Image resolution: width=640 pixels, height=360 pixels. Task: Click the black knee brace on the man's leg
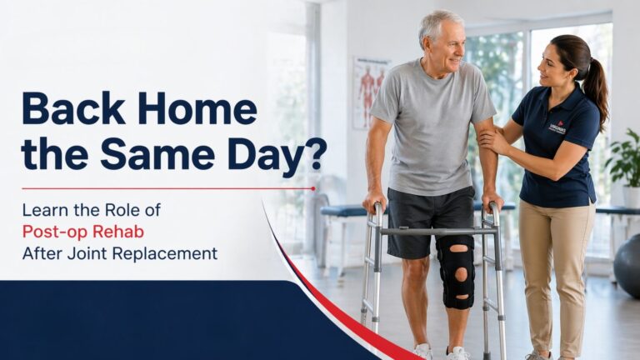pos(456,272)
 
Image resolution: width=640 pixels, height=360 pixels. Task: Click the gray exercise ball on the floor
pos(627,264)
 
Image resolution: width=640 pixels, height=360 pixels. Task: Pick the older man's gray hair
pos(440,23)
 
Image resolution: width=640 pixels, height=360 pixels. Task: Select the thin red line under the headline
pos(167,188)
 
